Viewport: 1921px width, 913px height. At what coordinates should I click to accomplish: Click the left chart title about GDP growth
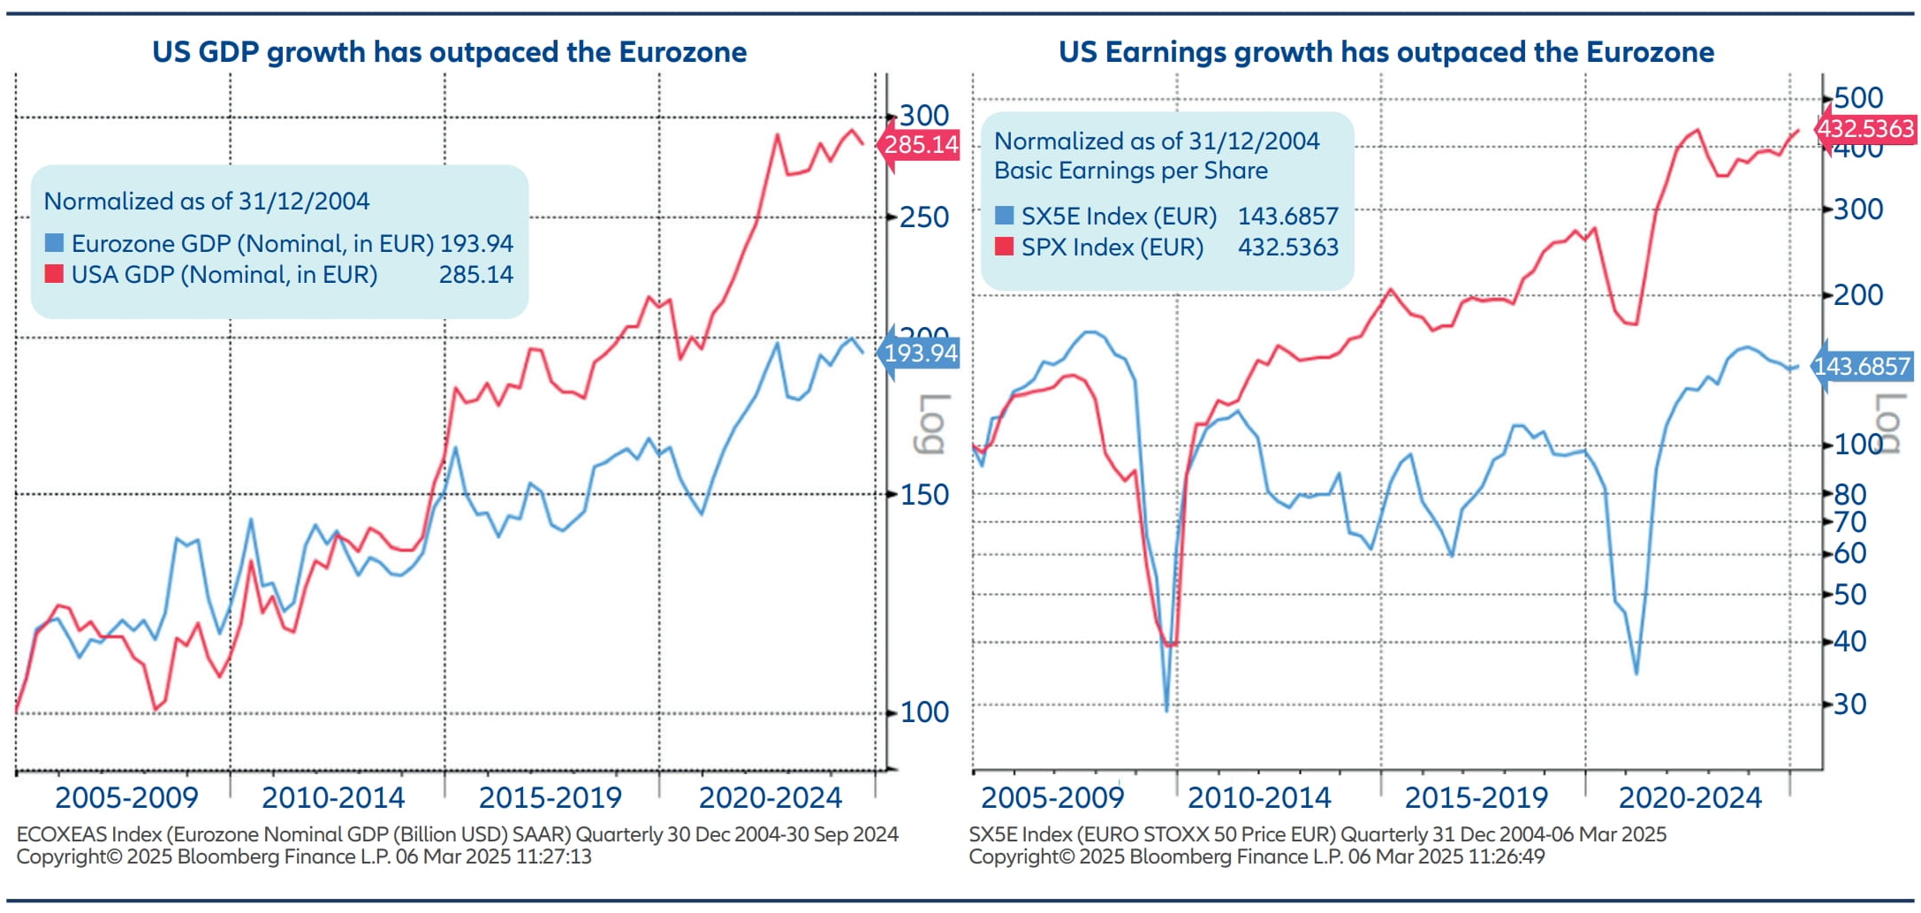click(449, 52)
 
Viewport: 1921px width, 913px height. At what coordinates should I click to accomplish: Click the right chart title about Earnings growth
click(1386, 52)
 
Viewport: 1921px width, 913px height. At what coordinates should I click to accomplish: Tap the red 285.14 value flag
click(920, 144)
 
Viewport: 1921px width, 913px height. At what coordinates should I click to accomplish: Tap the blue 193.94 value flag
click(920, 354)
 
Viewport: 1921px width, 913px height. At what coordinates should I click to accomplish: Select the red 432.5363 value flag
click(1864, 129)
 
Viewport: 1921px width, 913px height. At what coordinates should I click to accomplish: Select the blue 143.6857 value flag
click(1862, 366)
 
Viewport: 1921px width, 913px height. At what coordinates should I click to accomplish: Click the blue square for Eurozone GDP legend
click(54, 242)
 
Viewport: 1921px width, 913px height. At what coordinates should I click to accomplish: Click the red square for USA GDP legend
click(54, 274)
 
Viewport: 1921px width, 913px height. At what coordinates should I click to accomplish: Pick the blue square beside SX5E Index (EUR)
click(1004, 216)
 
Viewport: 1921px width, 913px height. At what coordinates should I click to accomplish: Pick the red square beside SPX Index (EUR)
click(1004, 247)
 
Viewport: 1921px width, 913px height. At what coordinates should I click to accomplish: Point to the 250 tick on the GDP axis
click(923, 217)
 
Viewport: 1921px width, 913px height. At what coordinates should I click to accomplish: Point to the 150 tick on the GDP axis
click(923, 495)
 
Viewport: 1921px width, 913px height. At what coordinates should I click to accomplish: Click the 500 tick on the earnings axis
click(1857, 98)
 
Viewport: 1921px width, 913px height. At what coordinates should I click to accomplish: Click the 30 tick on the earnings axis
click(1849, 704)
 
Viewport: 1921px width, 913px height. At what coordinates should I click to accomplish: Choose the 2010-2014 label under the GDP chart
click(333, 798)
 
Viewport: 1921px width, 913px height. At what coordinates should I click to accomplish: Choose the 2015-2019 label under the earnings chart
click(1476, 798)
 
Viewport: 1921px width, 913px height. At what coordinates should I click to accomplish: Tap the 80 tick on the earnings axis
click(1849, 494)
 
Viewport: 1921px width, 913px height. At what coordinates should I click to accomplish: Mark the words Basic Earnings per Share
click(1130, 171)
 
